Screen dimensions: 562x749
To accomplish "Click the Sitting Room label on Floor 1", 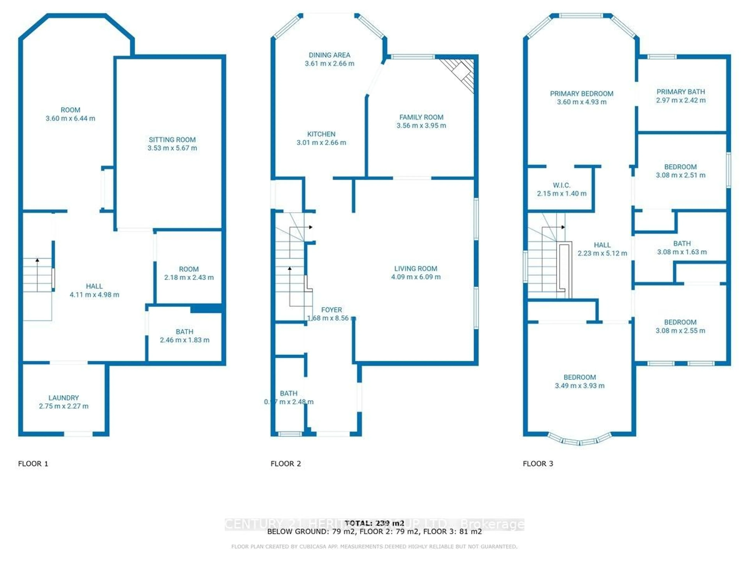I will pos(172,140).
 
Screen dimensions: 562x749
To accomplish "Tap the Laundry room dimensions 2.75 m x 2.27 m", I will pos(64,406).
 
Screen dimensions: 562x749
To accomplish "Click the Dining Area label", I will pos(329,55).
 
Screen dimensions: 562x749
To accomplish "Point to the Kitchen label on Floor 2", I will pos(321,134).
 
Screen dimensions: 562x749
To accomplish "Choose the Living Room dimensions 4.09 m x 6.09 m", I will pos(416,277).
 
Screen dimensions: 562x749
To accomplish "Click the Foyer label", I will pos(332,310).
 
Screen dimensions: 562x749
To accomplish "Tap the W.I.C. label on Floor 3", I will pos(561,185).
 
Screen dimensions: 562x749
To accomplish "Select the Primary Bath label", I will pos(681,92).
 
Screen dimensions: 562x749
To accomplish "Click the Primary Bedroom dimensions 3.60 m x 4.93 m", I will pos(582,102).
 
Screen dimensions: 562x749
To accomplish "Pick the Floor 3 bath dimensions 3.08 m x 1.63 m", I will pos(682,252).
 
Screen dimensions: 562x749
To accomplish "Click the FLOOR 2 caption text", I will pos(285,464).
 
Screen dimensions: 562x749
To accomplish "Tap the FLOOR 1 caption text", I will pos(33,464).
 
